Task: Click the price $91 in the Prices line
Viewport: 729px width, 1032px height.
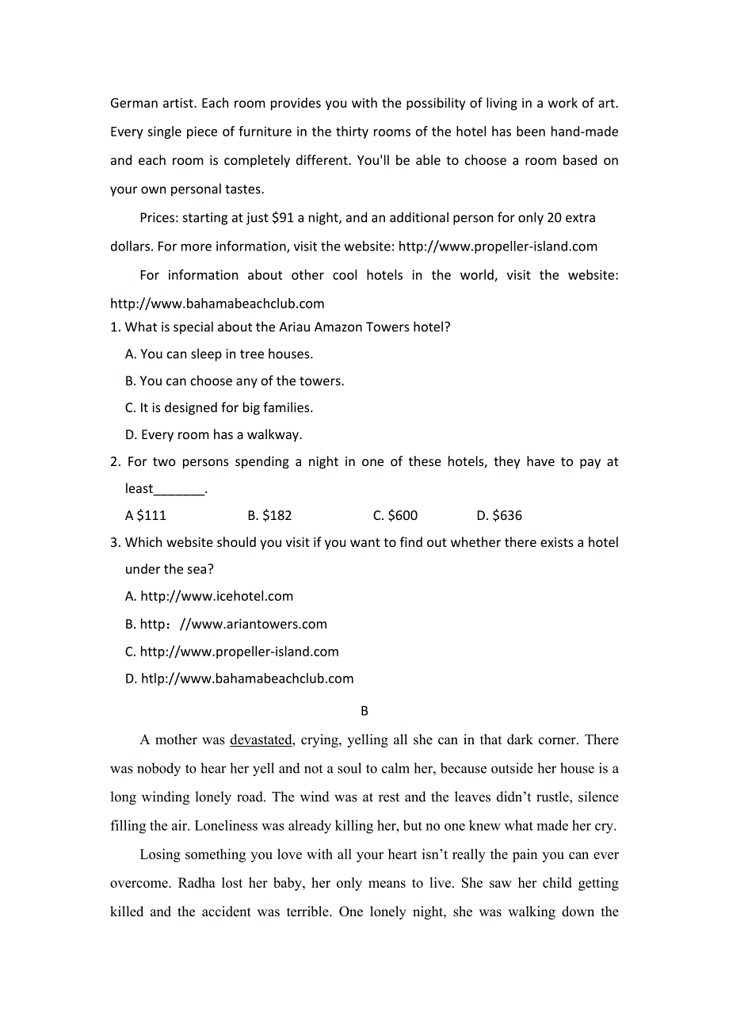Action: (282, 218)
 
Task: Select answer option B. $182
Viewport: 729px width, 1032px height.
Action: (269, 516)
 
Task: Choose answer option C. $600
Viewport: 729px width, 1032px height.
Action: (395, 516)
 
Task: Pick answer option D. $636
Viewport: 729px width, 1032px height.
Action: (499, 516)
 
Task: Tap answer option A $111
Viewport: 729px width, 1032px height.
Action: (146, 516)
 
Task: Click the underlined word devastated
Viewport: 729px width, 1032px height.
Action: (261, 740)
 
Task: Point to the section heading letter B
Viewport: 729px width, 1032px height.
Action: (364, 711)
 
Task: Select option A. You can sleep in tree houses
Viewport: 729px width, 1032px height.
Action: (219, 354)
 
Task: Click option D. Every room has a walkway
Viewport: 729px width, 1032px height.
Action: (214, 435)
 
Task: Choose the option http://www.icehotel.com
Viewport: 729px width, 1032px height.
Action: (209, 597)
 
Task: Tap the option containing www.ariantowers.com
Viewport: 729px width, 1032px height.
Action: (226, 625)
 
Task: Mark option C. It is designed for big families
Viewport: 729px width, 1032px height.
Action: (219, 408)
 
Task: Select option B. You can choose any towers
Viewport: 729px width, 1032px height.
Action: (235, 381)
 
